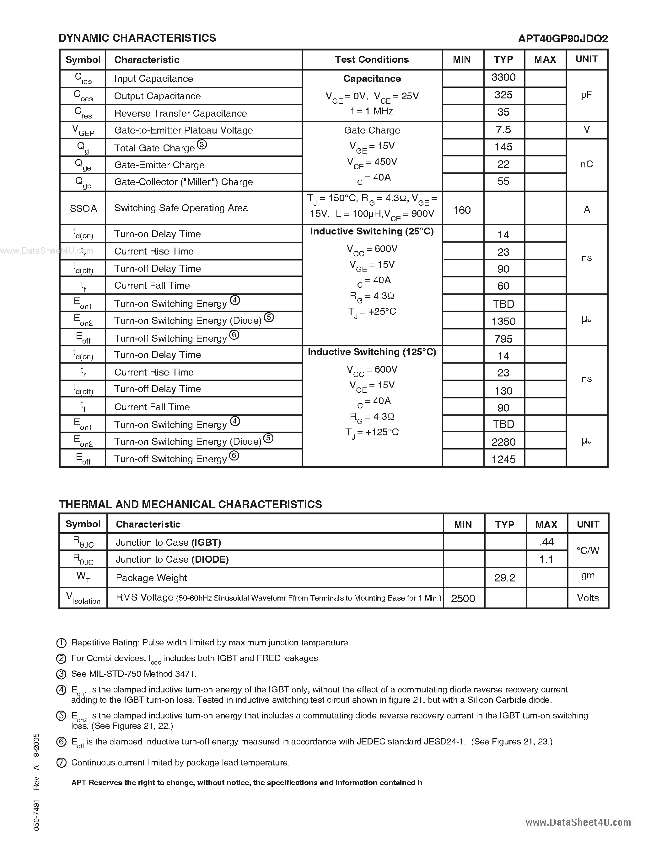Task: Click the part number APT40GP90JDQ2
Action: click(x=563, y=39)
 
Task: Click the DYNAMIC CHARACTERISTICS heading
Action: click(x=137, y=38)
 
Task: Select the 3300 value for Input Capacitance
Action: click(x=503, y=77)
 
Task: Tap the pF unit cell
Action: click(x=586, y=95)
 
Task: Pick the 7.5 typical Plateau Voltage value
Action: click(x=503, y=129)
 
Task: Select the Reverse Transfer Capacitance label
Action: click(x=180, y=113)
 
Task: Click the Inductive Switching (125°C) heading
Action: click(x=372, y=352)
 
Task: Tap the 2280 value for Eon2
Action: click(x=503, y=442)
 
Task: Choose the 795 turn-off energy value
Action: click(x=503, y=339)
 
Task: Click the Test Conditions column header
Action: click(x=372, y=60)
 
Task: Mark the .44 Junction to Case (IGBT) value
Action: click(x=546, y=542)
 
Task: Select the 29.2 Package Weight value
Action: click(x=505, y=578)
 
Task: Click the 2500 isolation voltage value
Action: click(x=463, y=598)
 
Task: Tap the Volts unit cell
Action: click(x=588, y=598)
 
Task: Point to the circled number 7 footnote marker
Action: click(x=61, y=763)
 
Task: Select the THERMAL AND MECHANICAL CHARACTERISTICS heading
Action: click(x=190, y=504)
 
